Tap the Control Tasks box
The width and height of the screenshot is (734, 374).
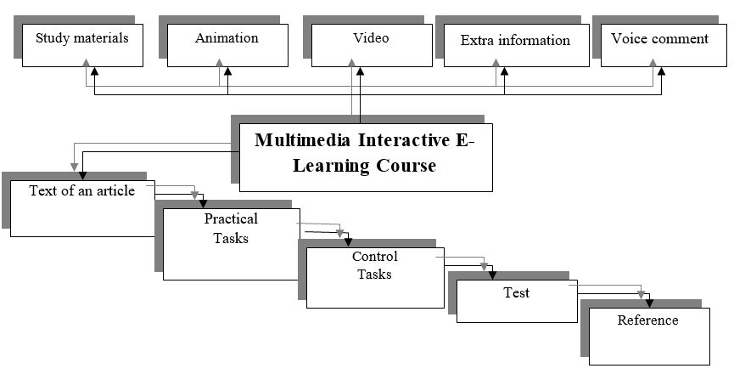[x=374, y=277]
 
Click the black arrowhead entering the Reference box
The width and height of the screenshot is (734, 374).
[x=650, y=302]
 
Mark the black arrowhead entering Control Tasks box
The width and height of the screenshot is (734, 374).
[x=346, y=242]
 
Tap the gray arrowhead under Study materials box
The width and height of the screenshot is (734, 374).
[x=87, y=63]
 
